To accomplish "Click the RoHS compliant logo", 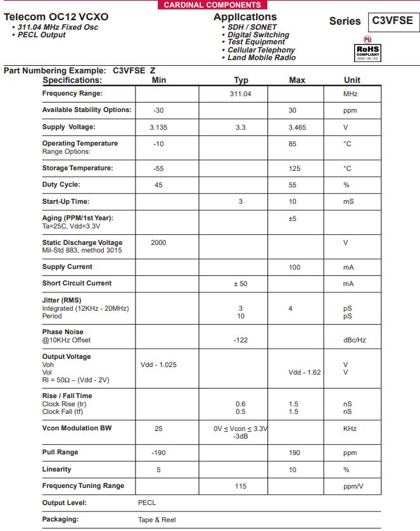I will (367, 51).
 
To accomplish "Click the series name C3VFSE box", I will (392, 21).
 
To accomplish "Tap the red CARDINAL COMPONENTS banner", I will (212, 4).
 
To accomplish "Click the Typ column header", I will (241, 80).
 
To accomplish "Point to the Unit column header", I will (352, 80).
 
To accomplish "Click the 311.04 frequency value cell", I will (241, 94).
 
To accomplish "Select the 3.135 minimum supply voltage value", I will (158, 127).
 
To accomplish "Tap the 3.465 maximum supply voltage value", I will (296, 127).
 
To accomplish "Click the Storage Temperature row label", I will (78, 168).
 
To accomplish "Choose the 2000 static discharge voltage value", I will (158, 242).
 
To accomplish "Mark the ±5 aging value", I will (292, 219).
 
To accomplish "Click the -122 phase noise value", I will (241, 340).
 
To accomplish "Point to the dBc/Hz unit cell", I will (354, 340).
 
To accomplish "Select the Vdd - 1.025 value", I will (158, 365).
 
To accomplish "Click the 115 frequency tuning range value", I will (241, 486).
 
